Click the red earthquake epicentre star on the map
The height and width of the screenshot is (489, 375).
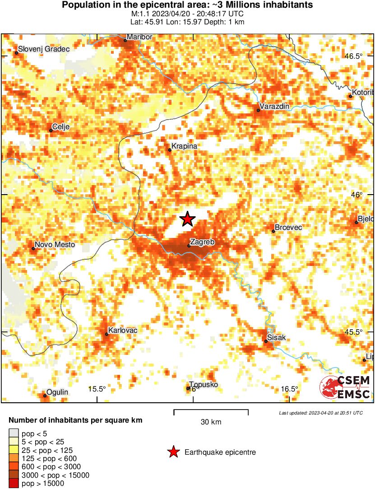(187, 219)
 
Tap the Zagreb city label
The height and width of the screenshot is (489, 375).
(202, 242)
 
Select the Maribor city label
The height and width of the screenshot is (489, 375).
(139, 37)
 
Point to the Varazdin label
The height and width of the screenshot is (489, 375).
(274, 107)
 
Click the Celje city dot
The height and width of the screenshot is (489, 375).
(51, 130)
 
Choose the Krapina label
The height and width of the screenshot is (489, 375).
(185, 146)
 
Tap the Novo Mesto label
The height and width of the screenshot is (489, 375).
(55, 245)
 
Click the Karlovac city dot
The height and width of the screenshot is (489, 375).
(106, 334)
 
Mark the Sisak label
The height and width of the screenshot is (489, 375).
(277, 337)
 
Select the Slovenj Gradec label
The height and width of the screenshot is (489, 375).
(44, 49)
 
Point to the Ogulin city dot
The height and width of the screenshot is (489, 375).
(45, 396)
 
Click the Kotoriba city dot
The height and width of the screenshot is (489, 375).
(351, 96)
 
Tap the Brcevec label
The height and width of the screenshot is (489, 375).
(288, 228)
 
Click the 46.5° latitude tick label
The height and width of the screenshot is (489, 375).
(354, 56)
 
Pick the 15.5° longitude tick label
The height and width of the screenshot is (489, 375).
(97, 389)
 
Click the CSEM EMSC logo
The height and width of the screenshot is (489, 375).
(345, 387)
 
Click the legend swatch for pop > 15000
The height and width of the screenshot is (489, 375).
(14, 484)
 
